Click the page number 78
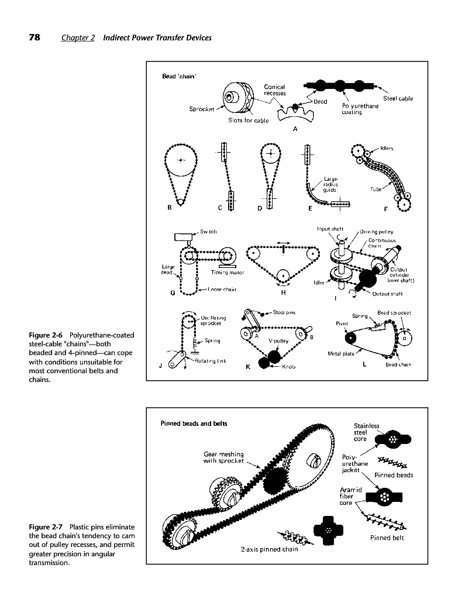click(35, 37)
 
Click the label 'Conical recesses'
click(274, 90)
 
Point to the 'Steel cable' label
click(398, 98)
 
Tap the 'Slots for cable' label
click(248, 121)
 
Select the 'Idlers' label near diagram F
click(387, 149)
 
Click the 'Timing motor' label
click(227, 273)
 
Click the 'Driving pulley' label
click(376, 232)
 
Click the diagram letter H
click(284, 292)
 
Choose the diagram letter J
click(160, 366)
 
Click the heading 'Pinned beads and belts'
click(194, 423)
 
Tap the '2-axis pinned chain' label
click(270, 549)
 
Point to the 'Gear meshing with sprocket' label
click(223, 457)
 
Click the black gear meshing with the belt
click(275, 482)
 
